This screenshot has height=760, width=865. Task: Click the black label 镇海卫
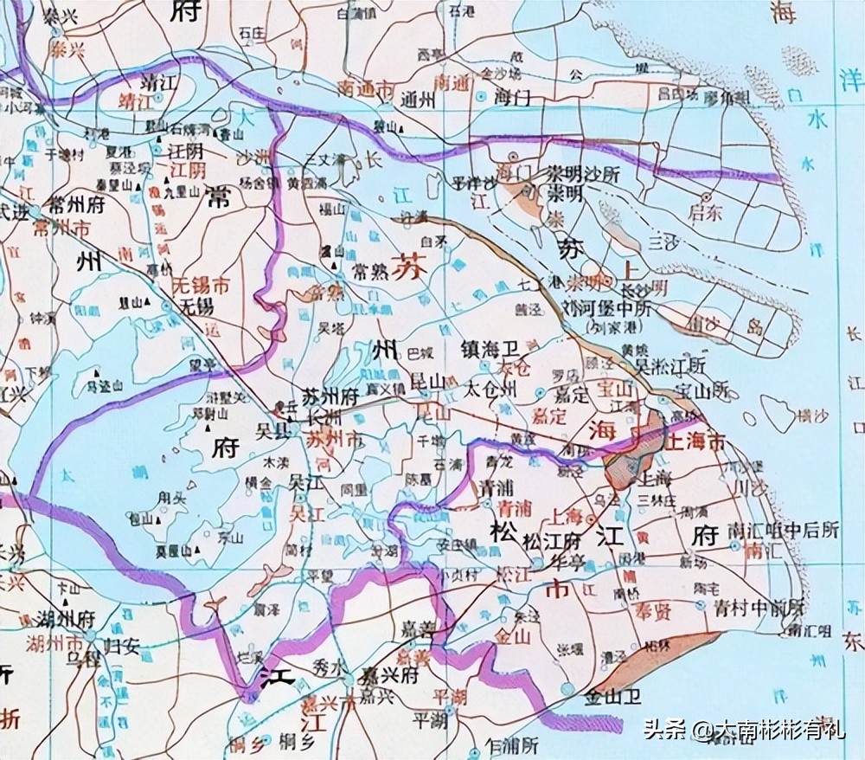click(490, 349)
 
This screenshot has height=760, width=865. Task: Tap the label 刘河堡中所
click(610, 308)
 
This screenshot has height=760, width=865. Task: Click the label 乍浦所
click(513, 744)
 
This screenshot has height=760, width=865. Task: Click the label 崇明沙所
click(582, 173)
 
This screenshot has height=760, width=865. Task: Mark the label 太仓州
click(490, 389)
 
